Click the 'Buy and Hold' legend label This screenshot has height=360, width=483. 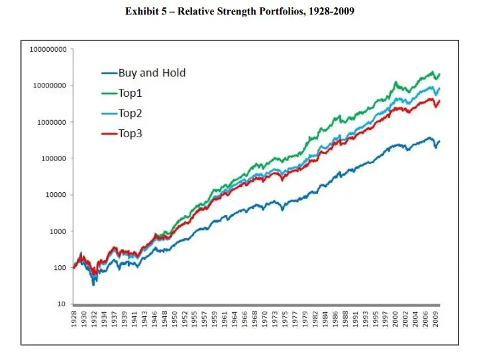tap(152, 73)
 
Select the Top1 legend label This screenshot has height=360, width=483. tap(131, 93)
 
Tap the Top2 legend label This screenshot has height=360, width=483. tap(131, 113)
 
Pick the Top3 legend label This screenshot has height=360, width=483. tap(131, 133)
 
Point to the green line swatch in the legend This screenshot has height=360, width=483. tap(109, 93)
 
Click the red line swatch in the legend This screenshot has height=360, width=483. tap(109, 133)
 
